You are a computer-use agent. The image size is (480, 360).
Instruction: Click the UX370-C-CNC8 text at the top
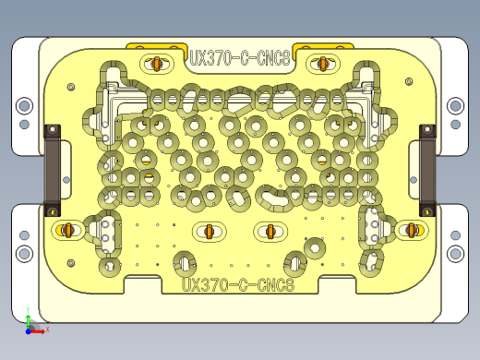point(240,57)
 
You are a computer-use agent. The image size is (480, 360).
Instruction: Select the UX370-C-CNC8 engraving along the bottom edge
point(238,285)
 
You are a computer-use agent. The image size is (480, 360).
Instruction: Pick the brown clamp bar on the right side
point(427,171)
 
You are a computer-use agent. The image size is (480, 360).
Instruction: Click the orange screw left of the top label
point(157,64)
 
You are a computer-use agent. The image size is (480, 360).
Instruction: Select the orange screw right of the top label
point(323,64)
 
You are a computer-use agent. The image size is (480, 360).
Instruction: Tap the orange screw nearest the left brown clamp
point(67,229)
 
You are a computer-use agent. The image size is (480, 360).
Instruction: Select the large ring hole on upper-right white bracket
point(454,106)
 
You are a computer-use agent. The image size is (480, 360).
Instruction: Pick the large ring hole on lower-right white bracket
point(454,252)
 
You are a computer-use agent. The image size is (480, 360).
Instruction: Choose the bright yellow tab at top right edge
point(325,46)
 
